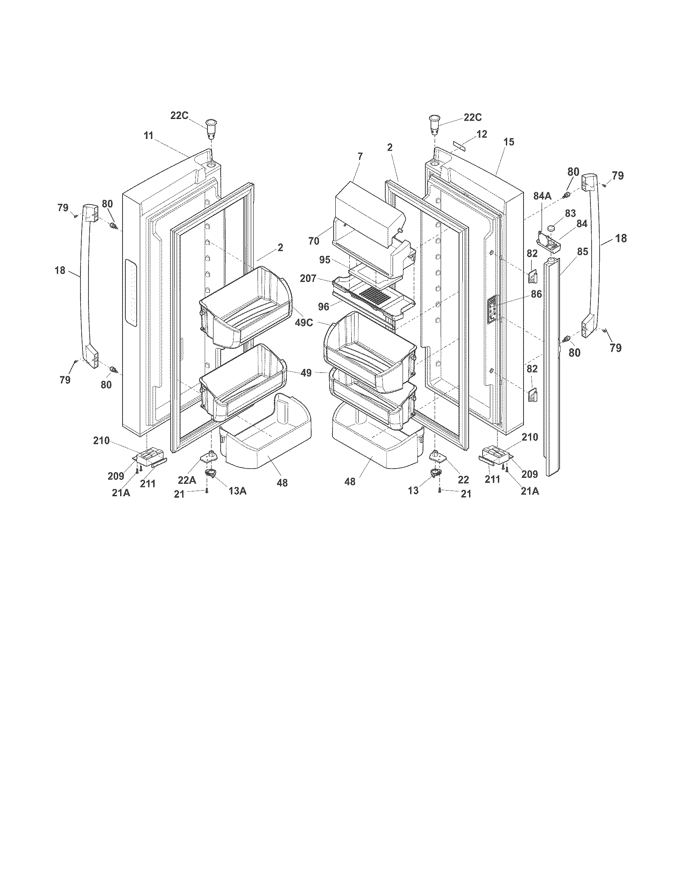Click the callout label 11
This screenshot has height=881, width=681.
[x=149, y=136]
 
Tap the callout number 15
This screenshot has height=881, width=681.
[x=509, y=142]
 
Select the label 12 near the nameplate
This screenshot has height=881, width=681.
[x=482, y=134]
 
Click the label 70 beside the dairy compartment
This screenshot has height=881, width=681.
[x=314, y=241]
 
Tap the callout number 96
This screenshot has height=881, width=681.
[x=324, y=307]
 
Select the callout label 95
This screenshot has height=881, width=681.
[x=325, y=260]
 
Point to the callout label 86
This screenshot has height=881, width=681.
[x=536, y=294]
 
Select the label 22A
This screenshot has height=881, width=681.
[x=187, y=480]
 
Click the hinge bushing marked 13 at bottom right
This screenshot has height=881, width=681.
[x=435, y=473]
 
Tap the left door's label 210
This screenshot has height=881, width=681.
[x=101, y=441]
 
